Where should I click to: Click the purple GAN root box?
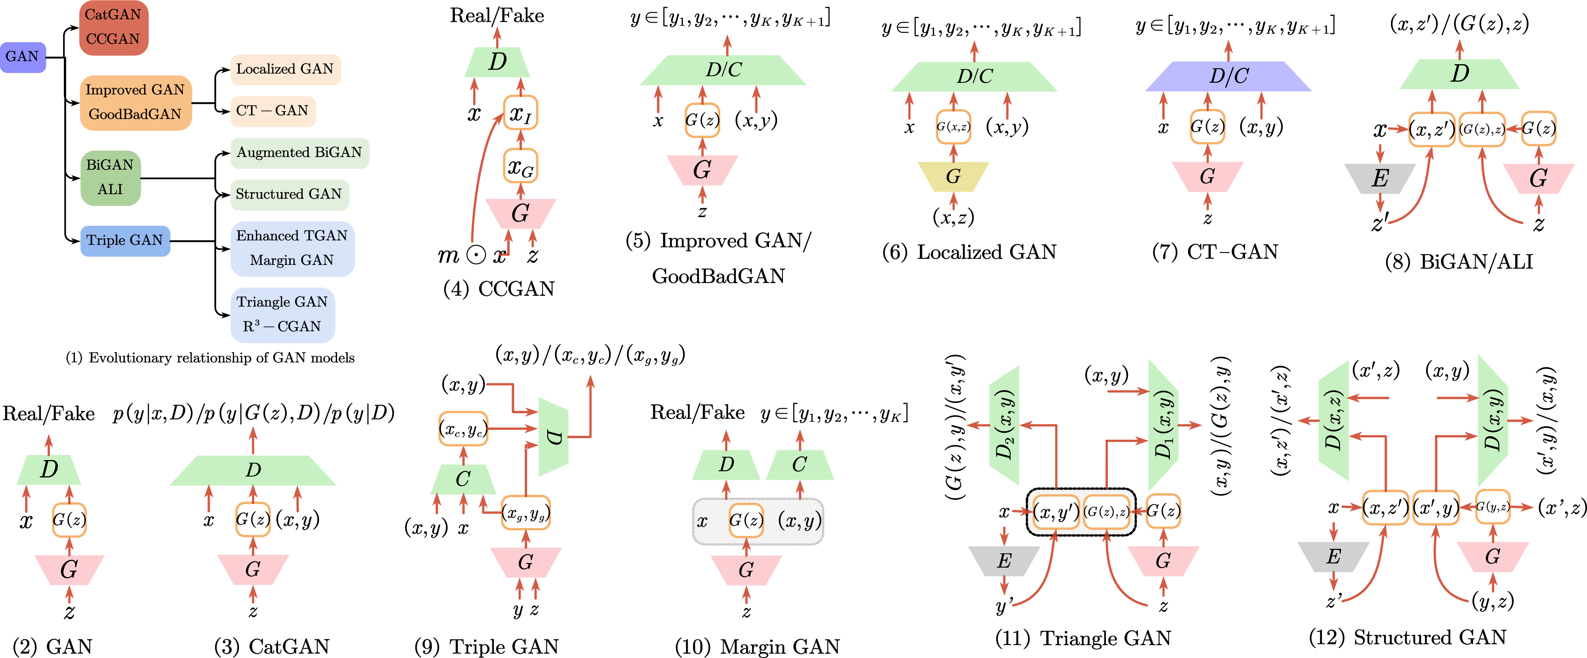pyautogui.click(x=23, y=57)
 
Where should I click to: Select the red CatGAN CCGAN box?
pyautogui.click(x=113, y=27)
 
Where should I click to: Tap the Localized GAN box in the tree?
pyautogui.click(x=285, y=69)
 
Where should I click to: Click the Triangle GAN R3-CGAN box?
pyautogui.click(x=282, y=314)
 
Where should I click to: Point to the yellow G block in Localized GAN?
pyautogui.click(x=953, y=177)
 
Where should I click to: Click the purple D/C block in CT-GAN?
pyautogui.click(x=1228, y=76)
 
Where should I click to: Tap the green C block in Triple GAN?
pyautogui.click(x=462, y=479)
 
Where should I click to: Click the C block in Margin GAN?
pyautogui.click(x=799, y=465)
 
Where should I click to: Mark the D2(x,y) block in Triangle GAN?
pyautogui.click(x=1004, y=425)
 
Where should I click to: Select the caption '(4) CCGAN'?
pyautogui.click(x=499, y=288)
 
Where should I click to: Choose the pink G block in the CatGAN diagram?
pyautogui.click(x=252, y=569)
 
